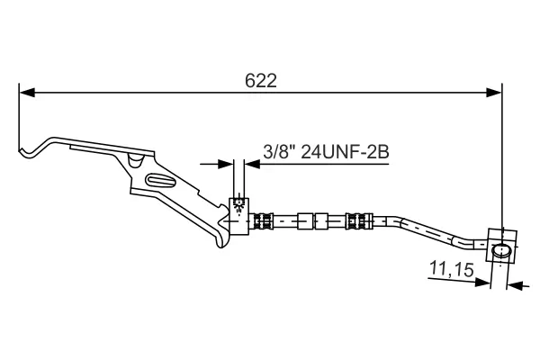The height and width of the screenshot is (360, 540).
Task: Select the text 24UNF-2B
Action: pyautogui.click(x=345, y=152)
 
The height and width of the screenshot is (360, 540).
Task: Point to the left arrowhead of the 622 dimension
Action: pyautogui.click(x=27, y=91)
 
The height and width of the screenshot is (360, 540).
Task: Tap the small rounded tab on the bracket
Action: pyautogui.click(x=134, y=160)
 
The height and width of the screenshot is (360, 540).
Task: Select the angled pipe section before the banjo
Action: pyautogui.click(x=441, y=230)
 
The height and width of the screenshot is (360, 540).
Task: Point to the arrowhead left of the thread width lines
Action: pyautogui.click(x=225, y=164)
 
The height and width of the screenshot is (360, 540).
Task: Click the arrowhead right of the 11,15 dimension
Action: pyautogui.click(x=515, y=285)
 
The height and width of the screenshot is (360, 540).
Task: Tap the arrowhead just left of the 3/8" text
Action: pyautogui.click(x=253, y=164)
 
